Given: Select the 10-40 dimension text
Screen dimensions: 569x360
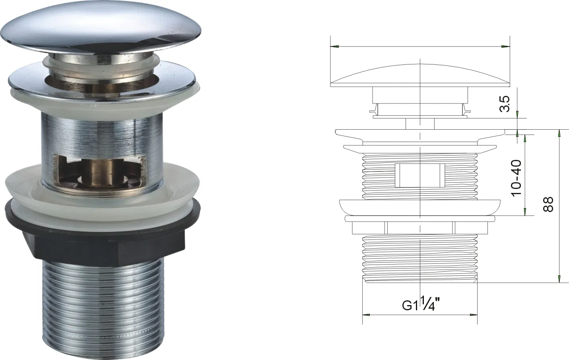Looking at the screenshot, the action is (x=517, y=178).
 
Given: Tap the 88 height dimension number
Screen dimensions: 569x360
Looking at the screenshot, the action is (x=548, y=204).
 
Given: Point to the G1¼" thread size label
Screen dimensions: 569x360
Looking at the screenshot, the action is (x=421, y=304).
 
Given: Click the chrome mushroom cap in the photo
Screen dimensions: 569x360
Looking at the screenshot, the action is (x=101, y=25).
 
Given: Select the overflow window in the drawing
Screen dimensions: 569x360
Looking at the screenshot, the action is (x=420, y=175).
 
